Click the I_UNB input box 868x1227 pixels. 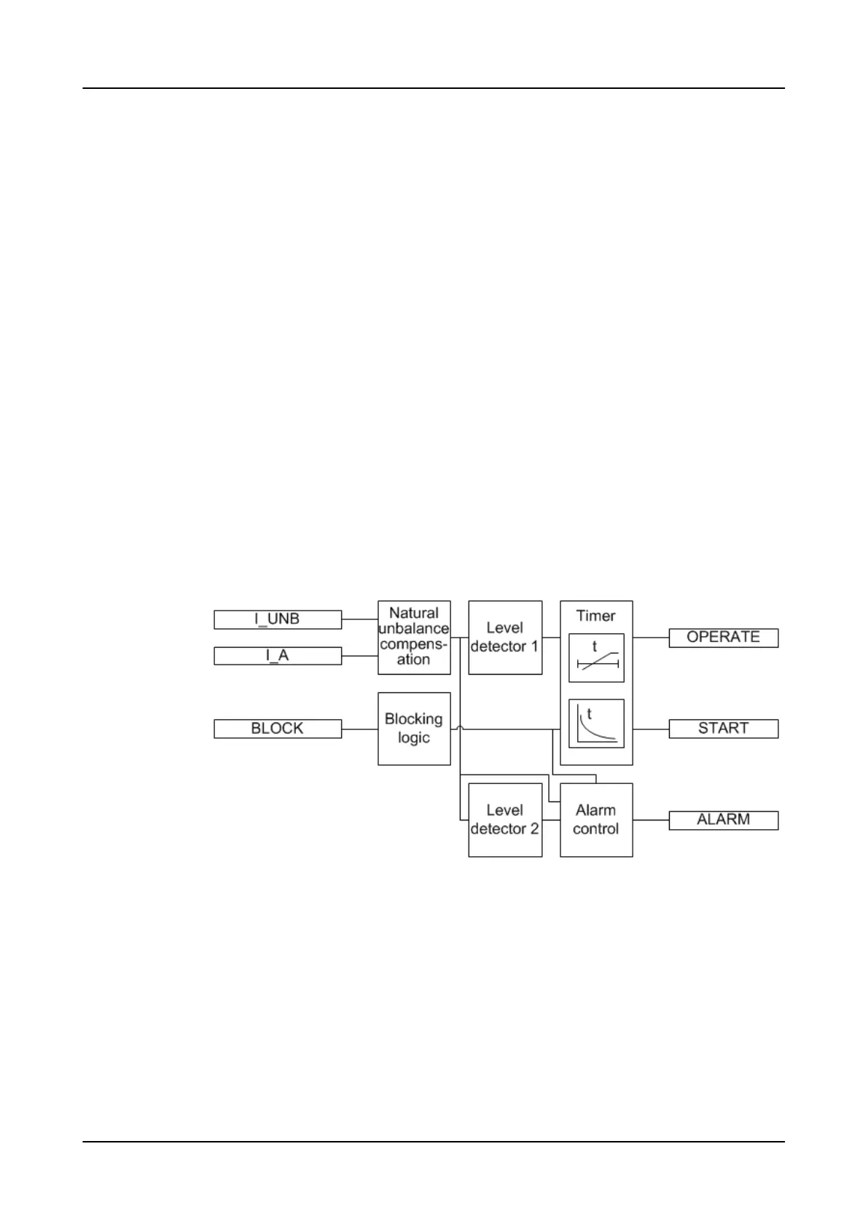277,619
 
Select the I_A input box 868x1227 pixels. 277,656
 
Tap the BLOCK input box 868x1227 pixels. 277,729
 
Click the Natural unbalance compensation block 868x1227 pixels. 414,637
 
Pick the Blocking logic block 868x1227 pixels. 414,729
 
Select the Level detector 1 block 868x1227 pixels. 505,637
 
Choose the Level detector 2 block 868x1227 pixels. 505,820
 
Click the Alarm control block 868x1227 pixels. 596,820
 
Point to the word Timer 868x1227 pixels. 596,616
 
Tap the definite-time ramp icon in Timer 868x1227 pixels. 596,658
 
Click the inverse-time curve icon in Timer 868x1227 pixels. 596,724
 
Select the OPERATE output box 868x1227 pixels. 724,638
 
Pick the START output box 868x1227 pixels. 724,729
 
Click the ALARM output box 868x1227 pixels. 724,820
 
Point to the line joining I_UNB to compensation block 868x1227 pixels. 359,619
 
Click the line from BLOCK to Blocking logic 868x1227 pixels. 359,729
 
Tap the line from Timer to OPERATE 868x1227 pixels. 651,638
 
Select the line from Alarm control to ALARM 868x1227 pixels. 651,820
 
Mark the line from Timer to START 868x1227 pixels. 651,729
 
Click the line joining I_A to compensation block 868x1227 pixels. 359,656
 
